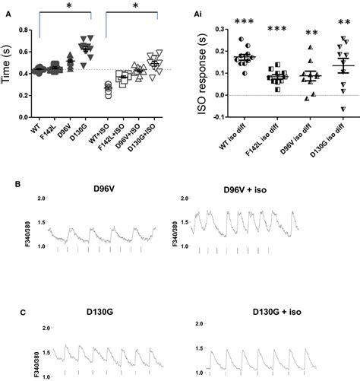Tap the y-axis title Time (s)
[7, 74]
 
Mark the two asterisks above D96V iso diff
[311, 34]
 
